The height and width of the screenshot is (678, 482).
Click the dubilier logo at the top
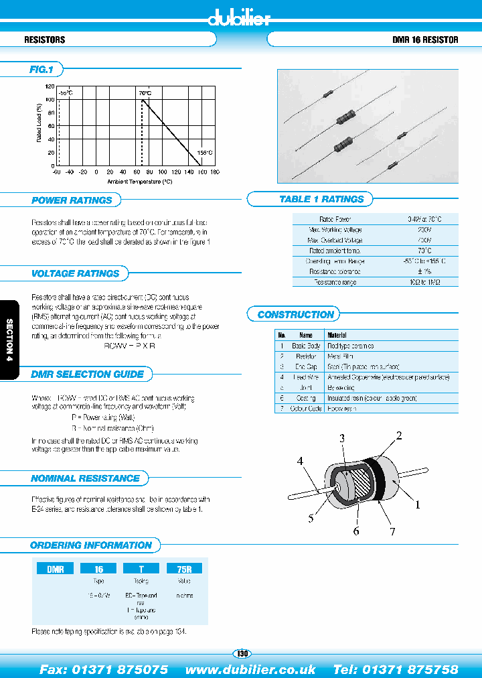coord(239,18)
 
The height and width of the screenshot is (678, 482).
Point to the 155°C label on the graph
coord(204,153)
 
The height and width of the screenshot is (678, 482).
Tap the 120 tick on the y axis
coord(50,86)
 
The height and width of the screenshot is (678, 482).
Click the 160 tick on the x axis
coord(202,172)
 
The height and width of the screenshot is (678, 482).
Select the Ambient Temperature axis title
coord(139,181)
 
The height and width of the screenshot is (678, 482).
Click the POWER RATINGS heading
coord(72,200)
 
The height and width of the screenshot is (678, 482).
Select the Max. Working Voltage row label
coord(335,230)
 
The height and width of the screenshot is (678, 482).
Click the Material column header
coord(337,335)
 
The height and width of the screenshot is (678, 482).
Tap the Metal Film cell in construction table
coord(341,356)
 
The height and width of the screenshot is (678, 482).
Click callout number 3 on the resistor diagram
coord(341,439)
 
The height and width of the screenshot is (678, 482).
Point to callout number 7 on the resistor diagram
coord(392,531)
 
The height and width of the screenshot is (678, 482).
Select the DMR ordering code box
coord(55,569)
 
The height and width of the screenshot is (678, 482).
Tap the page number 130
coord(242,653)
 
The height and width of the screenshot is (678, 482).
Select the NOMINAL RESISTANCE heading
coord(85,478)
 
